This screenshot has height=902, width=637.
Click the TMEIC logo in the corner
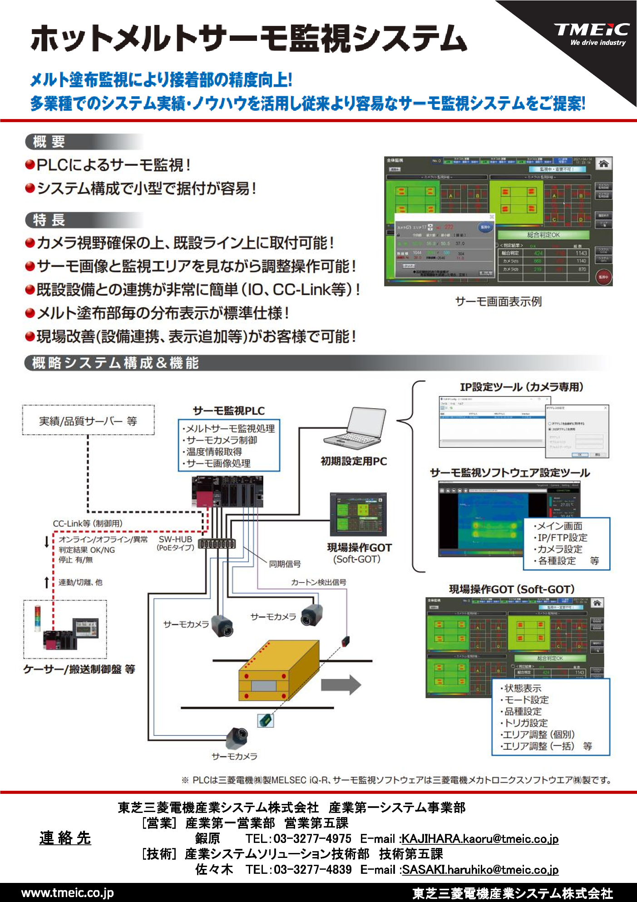pos(591,34)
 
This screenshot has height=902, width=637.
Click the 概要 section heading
pos(49,142)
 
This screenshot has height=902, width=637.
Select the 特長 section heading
pos(49,220)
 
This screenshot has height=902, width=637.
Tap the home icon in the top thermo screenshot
pos(603,164)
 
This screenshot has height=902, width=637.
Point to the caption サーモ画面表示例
pos(498,302)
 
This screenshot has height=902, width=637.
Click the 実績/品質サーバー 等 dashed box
pos(88,421)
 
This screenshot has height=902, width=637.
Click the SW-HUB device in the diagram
pos(217,543)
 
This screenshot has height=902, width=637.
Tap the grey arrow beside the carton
pos(341,684)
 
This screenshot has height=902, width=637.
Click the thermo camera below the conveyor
pos(238,735)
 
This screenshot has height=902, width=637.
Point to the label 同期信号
pos(285,564)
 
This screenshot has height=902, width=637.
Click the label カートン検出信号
pos(318,582)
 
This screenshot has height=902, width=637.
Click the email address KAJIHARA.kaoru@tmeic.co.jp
pos(480,838)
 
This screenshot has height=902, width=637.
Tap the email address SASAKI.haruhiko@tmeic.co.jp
pos(480,869)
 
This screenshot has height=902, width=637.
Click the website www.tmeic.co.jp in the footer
pos(67,893)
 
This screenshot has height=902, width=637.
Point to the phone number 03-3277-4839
pos(312,869)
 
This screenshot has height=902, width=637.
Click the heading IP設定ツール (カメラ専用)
pos(521,387)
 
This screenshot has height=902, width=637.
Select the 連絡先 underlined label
pos(65,838)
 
